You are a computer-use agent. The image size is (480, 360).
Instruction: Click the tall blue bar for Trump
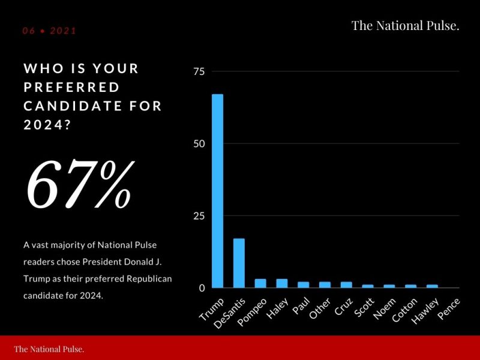coord(217,191)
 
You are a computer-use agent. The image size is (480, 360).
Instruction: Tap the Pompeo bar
coord(260,283)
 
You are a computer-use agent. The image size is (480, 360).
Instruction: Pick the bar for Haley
coord(282,283)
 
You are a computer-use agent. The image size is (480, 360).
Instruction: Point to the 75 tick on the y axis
coord(199,72)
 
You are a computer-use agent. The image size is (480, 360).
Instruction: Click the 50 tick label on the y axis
coord(199,144)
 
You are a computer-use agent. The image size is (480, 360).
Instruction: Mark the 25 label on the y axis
coord(199,216)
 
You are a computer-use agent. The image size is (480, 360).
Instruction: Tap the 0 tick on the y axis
coord(202,288)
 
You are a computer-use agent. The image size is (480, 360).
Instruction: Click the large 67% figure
coord(78,184)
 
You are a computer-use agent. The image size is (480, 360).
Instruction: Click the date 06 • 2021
coord(50,31)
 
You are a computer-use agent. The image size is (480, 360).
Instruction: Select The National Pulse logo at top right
coord(405,25)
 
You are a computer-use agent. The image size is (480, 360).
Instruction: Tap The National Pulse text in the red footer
coord(49,349)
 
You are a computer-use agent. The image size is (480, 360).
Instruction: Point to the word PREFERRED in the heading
coord(72,88)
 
